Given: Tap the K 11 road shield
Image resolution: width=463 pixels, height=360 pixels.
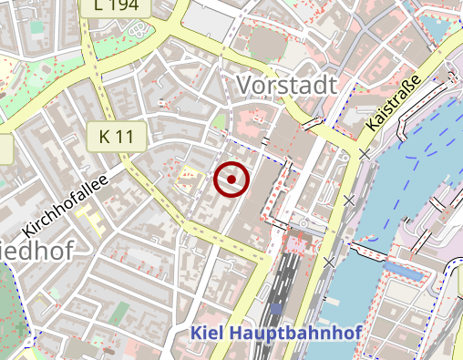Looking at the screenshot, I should [117, 138].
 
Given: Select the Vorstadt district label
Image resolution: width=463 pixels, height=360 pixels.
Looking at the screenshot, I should [286, 85].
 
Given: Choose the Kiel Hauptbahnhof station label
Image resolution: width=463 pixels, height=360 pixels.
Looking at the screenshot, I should [276, 334].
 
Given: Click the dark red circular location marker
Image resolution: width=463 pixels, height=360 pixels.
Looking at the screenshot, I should [231, 180].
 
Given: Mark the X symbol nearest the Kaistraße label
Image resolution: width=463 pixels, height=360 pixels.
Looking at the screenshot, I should [365, 154].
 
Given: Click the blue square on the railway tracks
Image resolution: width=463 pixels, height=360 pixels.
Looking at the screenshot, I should [276, 310].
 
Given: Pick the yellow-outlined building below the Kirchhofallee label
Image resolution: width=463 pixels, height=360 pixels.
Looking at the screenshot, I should [88, 219].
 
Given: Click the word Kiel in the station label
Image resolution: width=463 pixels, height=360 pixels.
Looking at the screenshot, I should [206, 334].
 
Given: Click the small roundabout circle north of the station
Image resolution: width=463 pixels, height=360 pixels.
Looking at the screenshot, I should [302, 222].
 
